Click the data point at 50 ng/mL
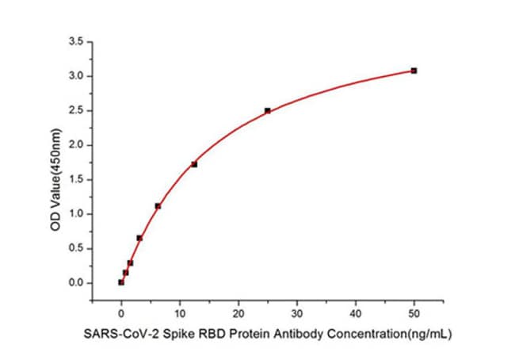click(x=414, y=71)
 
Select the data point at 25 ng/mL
click(x=268, y=110)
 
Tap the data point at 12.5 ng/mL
click(x=194, y=164)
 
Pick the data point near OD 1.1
click(x=158, y=206)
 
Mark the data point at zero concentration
click(x=121, y=281)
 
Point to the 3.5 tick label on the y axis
click(x=77, y=41)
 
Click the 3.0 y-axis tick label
click(x=77, y=76)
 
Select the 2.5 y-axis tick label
click(x=77, y=110)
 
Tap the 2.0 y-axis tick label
click(x=77, y=145)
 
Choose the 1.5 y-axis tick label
click(x=77, y=179)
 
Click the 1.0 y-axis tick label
click(x=77, y=214)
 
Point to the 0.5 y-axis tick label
click(x=77, y=248)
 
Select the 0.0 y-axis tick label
click(x=77, y=283)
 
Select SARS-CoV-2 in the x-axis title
click(x=114, y=335)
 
